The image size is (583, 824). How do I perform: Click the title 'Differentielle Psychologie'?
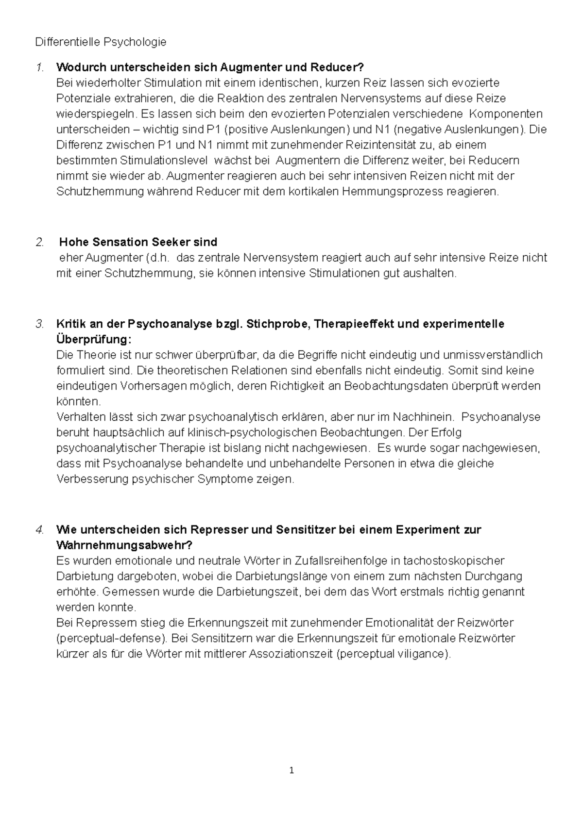click(101, 42)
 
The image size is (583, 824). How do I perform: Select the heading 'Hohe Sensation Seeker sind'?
click(138, 242)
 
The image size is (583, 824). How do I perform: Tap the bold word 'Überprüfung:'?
click(94, 339)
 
